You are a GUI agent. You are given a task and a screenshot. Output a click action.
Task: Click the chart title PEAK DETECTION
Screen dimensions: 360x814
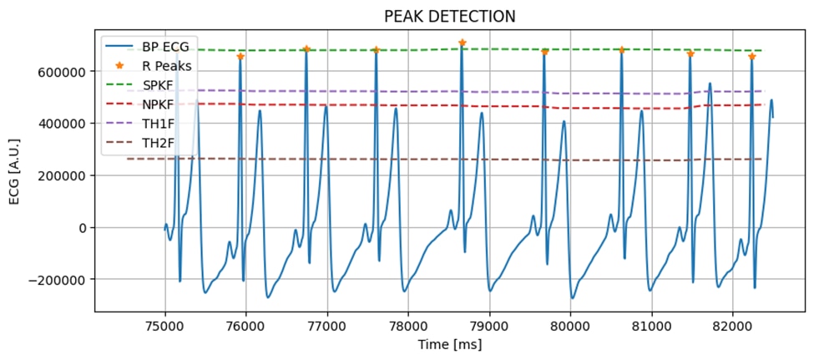(x=449, y=17)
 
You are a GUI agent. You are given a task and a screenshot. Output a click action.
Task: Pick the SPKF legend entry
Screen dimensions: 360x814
(x=159, y=85)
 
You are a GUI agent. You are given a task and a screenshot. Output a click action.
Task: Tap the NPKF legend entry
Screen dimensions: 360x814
(x=159, y=104)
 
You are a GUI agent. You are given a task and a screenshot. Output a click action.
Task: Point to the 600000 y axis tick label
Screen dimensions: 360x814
(x=61, y=72)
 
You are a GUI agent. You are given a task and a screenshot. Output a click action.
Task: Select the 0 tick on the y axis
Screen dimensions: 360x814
(x=82, y=228)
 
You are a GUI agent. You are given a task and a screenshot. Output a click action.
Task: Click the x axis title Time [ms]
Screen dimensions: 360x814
(x=449, y=343)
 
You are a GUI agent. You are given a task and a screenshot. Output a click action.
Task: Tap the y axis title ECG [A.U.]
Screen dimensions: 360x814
(x=14, y=175)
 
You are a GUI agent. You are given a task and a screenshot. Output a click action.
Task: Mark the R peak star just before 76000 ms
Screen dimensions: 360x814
(x=240, y=56)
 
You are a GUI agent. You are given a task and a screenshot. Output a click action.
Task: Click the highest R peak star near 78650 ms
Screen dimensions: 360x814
(x=462, y=43)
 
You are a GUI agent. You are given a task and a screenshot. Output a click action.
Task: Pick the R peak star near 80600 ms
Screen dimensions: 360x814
(x=621, y=50)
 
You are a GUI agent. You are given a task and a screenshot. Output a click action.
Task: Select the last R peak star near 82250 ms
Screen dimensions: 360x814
(x=751, y=56)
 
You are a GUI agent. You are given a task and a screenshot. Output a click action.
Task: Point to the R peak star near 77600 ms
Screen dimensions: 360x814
(x=376, y=50)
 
